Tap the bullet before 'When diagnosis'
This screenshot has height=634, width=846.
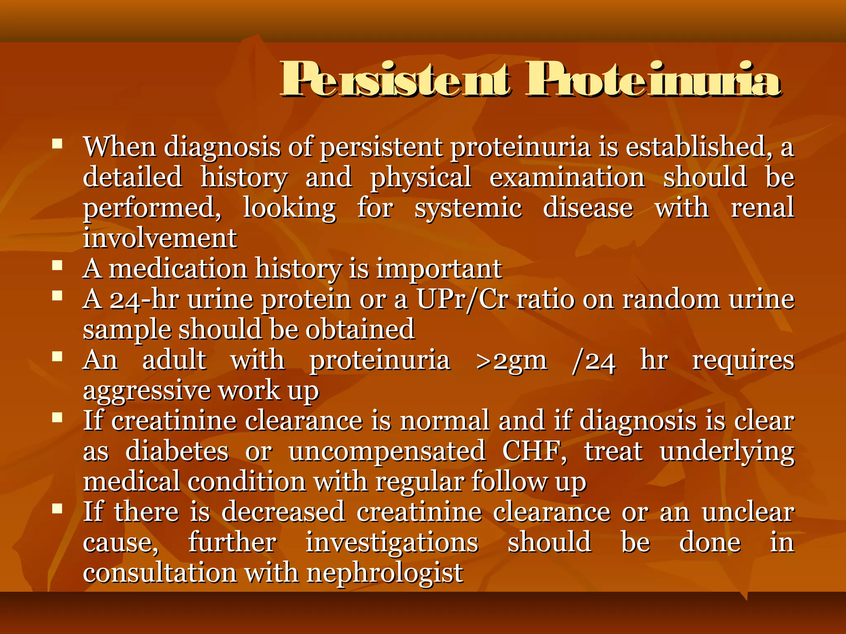[57, 144]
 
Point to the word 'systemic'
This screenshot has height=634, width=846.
[468, 208]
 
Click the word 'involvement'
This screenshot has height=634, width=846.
[160, 238]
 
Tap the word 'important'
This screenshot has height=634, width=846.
[439, 269]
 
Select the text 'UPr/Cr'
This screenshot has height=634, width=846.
[462, 299]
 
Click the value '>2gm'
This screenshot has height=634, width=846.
[511, 360]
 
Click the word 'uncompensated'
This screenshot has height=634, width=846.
[387, 451]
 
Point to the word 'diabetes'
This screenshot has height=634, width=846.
[177, 451]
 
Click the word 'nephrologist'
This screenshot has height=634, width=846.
[385, 573]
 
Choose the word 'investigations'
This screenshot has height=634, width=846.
[392, 542]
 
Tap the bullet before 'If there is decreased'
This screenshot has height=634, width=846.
[57, 509]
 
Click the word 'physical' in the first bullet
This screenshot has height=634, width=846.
[421, 177]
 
